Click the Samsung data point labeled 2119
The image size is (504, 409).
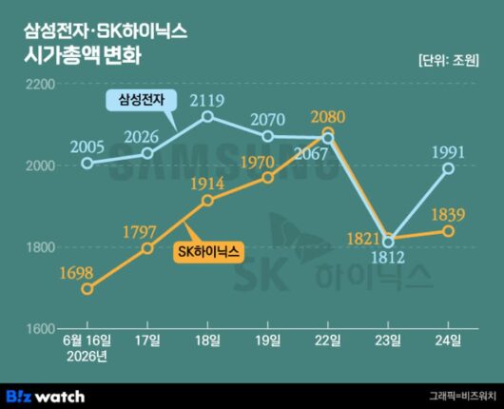(208, 116)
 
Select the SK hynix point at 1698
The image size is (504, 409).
(87, 289)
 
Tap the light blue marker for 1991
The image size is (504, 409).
(449, 168)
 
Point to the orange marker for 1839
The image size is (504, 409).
(449, 231)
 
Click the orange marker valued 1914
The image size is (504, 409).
(208, 201)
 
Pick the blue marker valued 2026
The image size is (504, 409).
(147, 153)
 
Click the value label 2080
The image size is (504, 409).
(328, 117)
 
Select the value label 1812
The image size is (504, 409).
(388, 257)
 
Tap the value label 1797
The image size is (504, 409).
(140, 232)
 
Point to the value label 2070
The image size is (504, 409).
(268, 120)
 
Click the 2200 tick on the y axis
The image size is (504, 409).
(40, 85)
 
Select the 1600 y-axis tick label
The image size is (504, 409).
(40, 329)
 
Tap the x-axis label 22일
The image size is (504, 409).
(328, 341)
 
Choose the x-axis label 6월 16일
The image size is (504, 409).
(87, 341)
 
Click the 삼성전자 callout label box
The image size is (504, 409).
(142, 100)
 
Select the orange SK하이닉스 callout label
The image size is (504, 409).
(208, 251)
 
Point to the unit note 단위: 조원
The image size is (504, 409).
(449, 60)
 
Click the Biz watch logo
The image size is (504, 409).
(46, 396)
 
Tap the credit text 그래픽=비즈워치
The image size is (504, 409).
(463, 396)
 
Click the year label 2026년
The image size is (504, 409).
(87, 357)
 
